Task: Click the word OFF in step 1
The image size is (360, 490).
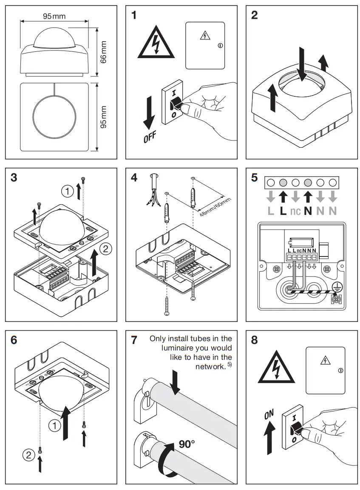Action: click(x=150, y=138)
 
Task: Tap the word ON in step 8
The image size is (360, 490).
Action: click(x=269, y=415)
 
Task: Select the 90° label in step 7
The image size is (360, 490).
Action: click(x=186, y=444)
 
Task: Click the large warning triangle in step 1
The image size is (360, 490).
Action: click(x=156, y=45)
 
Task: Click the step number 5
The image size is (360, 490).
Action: click(x=254, y=177)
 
